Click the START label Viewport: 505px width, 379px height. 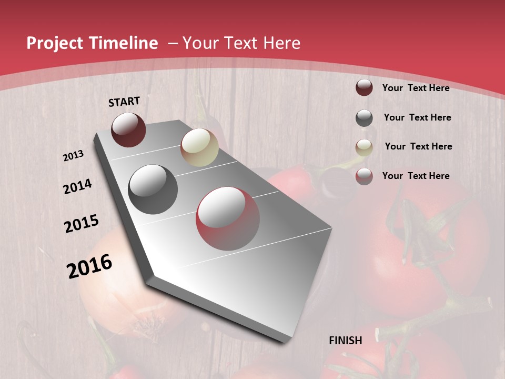point(124,102)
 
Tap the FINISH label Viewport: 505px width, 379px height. point(346,341)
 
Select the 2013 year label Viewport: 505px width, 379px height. point(74,156)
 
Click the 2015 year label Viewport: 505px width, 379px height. point(82,224)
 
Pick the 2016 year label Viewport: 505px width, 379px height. point(89,266)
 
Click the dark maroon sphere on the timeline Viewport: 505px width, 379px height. point(128,130)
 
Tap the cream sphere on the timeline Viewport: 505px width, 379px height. point(199,147)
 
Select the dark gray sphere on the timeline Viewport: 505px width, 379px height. point(153,189)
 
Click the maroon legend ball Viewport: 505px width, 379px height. point(364,88)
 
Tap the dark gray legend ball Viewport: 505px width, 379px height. point(364,118)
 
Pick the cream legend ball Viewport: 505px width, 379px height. point(364,147)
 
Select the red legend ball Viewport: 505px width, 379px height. point(364,176)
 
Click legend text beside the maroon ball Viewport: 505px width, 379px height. point(416,88)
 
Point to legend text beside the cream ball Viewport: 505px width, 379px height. point(418,146)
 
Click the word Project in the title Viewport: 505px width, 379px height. point(55,43)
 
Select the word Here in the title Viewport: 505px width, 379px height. point(281,43)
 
